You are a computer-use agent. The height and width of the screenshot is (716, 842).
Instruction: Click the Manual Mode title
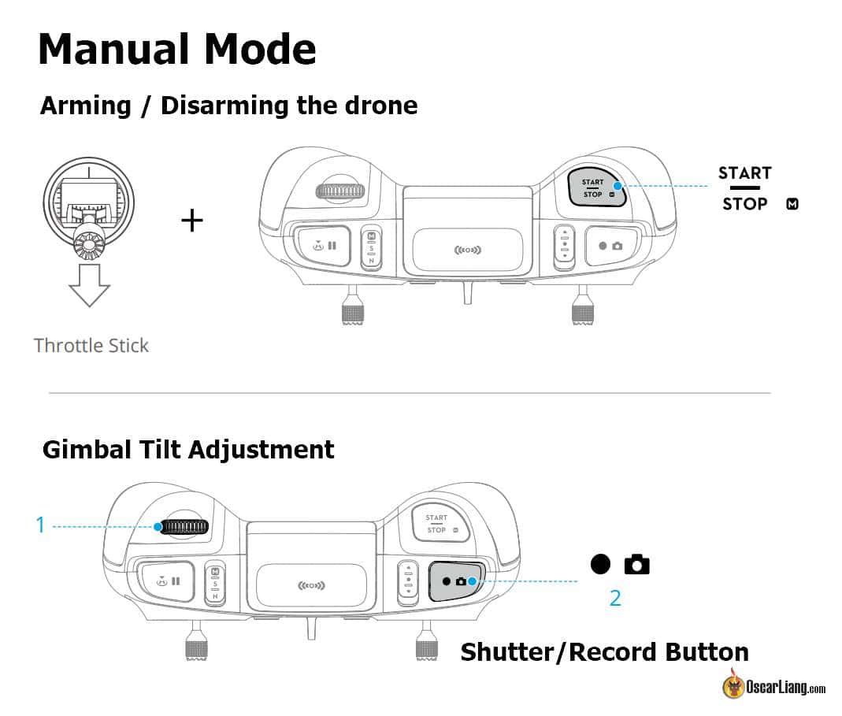[x=176, y=49]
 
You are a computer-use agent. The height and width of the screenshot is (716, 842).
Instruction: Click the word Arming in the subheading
[x=85, y=106]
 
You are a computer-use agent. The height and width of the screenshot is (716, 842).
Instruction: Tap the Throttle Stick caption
[x=91, y=345]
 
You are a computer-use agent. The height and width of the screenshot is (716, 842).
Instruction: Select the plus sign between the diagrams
[x=192, y=220]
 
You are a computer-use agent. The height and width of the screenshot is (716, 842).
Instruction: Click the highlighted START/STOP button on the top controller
[x=596, y=187]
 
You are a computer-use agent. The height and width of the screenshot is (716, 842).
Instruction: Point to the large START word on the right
[x=744, y=173]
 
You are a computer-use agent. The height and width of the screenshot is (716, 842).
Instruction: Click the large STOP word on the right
[x=744, y=204]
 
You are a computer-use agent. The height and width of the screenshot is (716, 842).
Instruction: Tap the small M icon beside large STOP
[x=792, y=205]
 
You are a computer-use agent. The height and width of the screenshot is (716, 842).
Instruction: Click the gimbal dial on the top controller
[x=339, y=191]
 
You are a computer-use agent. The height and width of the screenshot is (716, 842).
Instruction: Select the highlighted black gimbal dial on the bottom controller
[x=184, y=526]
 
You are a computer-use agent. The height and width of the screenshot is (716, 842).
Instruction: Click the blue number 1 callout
[x=41, y=525]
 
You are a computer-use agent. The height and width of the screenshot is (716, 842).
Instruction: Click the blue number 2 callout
[x=615, y=598]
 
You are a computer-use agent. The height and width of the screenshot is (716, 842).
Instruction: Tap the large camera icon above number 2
[x=636, y=564]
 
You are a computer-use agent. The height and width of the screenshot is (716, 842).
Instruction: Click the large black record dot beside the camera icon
[x=600, y=564]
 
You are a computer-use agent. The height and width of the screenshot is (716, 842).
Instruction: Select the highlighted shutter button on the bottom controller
[x=458, y=581]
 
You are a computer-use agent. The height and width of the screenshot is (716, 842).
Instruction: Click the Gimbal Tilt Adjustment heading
[x=188, y=450]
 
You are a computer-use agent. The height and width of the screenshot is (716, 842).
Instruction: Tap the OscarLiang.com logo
[x=774, y=687]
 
